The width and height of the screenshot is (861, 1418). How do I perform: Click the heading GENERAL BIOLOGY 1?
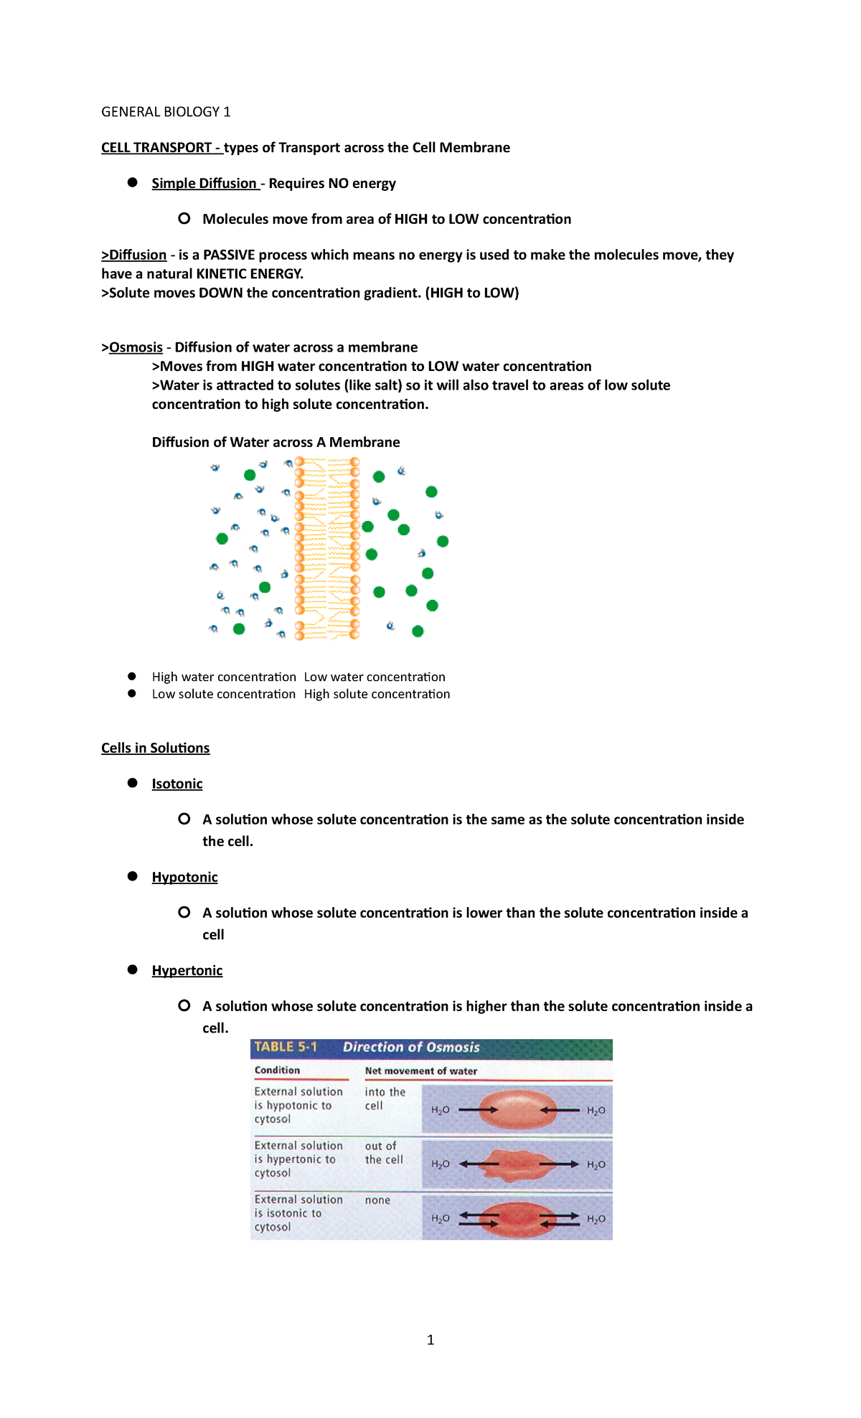[x=166, y=112]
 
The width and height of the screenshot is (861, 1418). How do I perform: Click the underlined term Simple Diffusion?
[x=204, y=184]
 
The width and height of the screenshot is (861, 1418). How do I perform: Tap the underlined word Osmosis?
[x=136, y=347]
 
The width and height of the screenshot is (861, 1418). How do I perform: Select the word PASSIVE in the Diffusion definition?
[x=229, y=255]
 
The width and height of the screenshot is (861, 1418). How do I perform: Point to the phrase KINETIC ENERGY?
[x=249, y=274]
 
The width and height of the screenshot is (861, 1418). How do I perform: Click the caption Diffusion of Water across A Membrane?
[x=276, y=442]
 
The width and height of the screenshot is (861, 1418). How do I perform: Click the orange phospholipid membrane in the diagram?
[x=327, y=548]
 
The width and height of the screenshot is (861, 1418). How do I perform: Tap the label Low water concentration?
[x=375, y=677]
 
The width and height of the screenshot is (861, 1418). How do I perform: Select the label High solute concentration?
[x=377, y=694]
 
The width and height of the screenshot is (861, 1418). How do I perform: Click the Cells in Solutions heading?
[x=155, y=748]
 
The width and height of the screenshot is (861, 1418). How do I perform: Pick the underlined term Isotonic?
[x=177, y=784]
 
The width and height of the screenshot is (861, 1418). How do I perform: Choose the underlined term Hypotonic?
[x=184, y=877]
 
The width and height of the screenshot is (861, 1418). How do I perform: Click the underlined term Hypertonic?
[x=187, y=970]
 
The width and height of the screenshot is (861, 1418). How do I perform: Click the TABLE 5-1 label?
[x=286, y=1047]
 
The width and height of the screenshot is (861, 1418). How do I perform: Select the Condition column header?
[x=277, y=1070]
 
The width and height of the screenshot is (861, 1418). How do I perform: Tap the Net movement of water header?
[x=420, y=1071]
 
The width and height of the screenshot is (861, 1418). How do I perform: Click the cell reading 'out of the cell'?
[x=383, y=1152]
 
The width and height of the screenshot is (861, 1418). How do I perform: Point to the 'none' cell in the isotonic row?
[x=377, y=1200]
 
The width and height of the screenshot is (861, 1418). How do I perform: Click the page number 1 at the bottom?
[x=430, y=1340]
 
